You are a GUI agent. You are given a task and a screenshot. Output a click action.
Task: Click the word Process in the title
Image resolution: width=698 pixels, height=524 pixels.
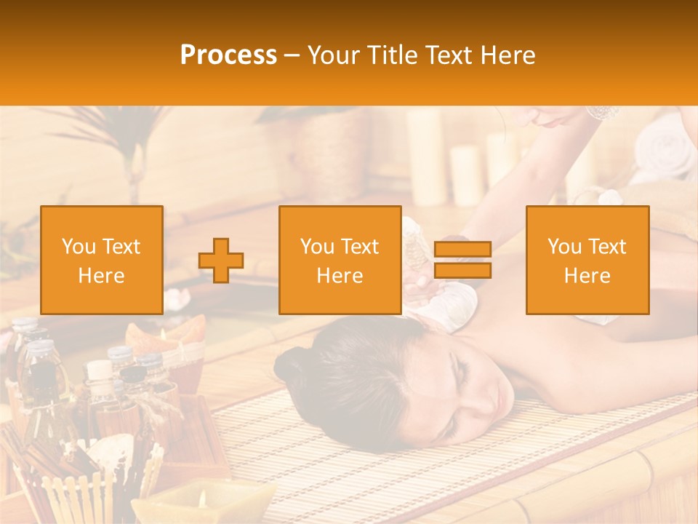pos(228,55)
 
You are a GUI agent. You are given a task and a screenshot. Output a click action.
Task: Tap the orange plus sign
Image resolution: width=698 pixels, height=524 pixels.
pos(221,260)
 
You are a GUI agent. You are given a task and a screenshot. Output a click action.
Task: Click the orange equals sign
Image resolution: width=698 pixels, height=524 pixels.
pos(462,260)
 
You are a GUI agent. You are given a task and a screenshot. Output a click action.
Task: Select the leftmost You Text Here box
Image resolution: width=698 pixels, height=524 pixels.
pos(102,260)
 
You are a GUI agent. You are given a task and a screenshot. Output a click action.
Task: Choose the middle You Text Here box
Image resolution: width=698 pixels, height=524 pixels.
pos(340,260)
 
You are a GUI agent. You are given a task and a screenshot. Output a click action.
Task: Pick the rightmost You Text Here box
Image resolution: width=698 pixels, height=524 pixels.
pos(587,260)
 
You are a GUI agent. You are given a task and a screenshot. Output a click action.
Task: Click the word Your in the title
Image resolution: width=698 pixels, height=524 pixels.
pos(333,55)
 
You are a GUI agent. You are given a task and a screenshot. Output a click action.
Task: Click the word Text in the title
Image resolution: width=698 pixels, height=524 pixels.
pos(449,55)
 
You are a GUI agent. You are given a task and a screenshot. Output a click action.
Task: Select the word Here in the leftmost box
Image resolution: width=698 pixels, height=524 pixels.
pos(102,276)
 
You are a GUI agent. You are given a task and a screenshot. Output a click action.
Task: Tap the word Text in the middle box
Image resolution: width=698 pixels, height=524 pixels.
pos(361,247)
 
